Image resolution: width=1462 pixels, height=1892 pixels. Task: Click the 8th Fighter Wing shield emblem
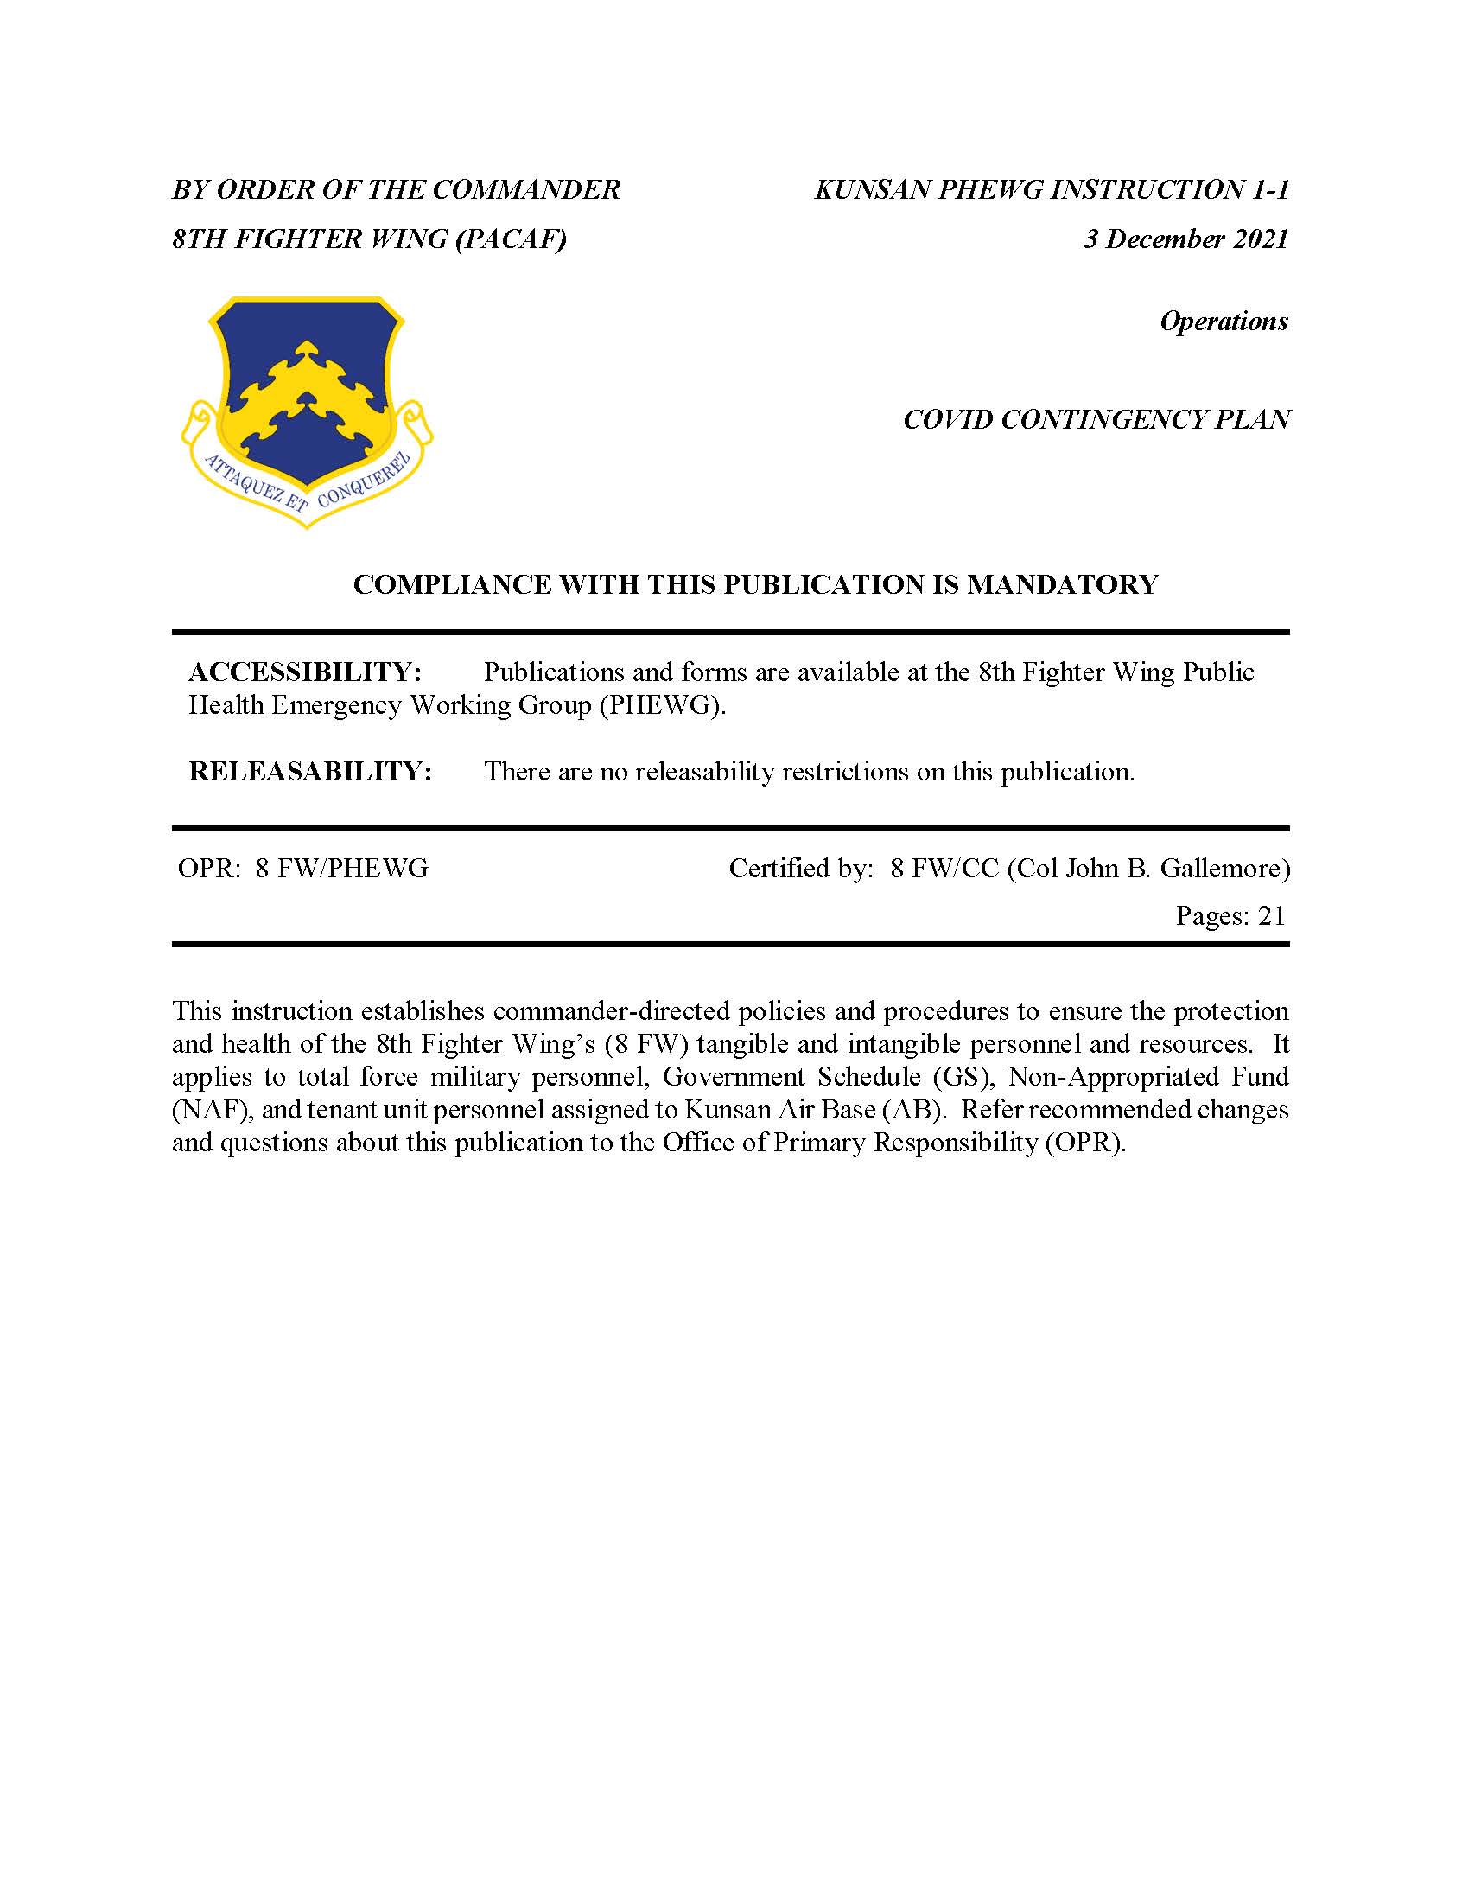pos(307,407)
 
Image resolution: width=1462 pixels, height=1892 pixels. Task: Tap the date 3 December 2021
pos(1185,239)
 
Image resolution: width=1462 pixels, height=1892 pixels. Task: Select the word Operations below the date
pos(1223,322)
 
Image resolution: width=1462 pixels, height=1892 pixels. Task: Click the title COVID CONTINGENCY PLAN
pos(1096,420)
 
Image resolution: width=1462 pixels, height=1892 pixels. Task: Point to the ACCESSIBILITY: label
pos(305,672)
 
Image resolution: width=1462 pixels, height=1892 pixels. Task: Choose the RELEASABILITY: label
pos(310,771)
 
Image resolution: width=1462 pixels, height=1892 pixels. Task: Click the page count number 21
pos(1271,915)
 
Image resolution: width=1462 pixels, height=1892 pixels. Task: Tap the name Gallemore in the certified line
pos(1221,868)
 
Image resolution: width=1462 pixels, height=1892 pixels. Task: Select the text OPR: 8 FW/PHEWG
pos(302,868)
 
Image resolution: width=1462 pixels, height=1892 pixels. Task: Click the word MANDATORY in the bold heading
pos(1062,585)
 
